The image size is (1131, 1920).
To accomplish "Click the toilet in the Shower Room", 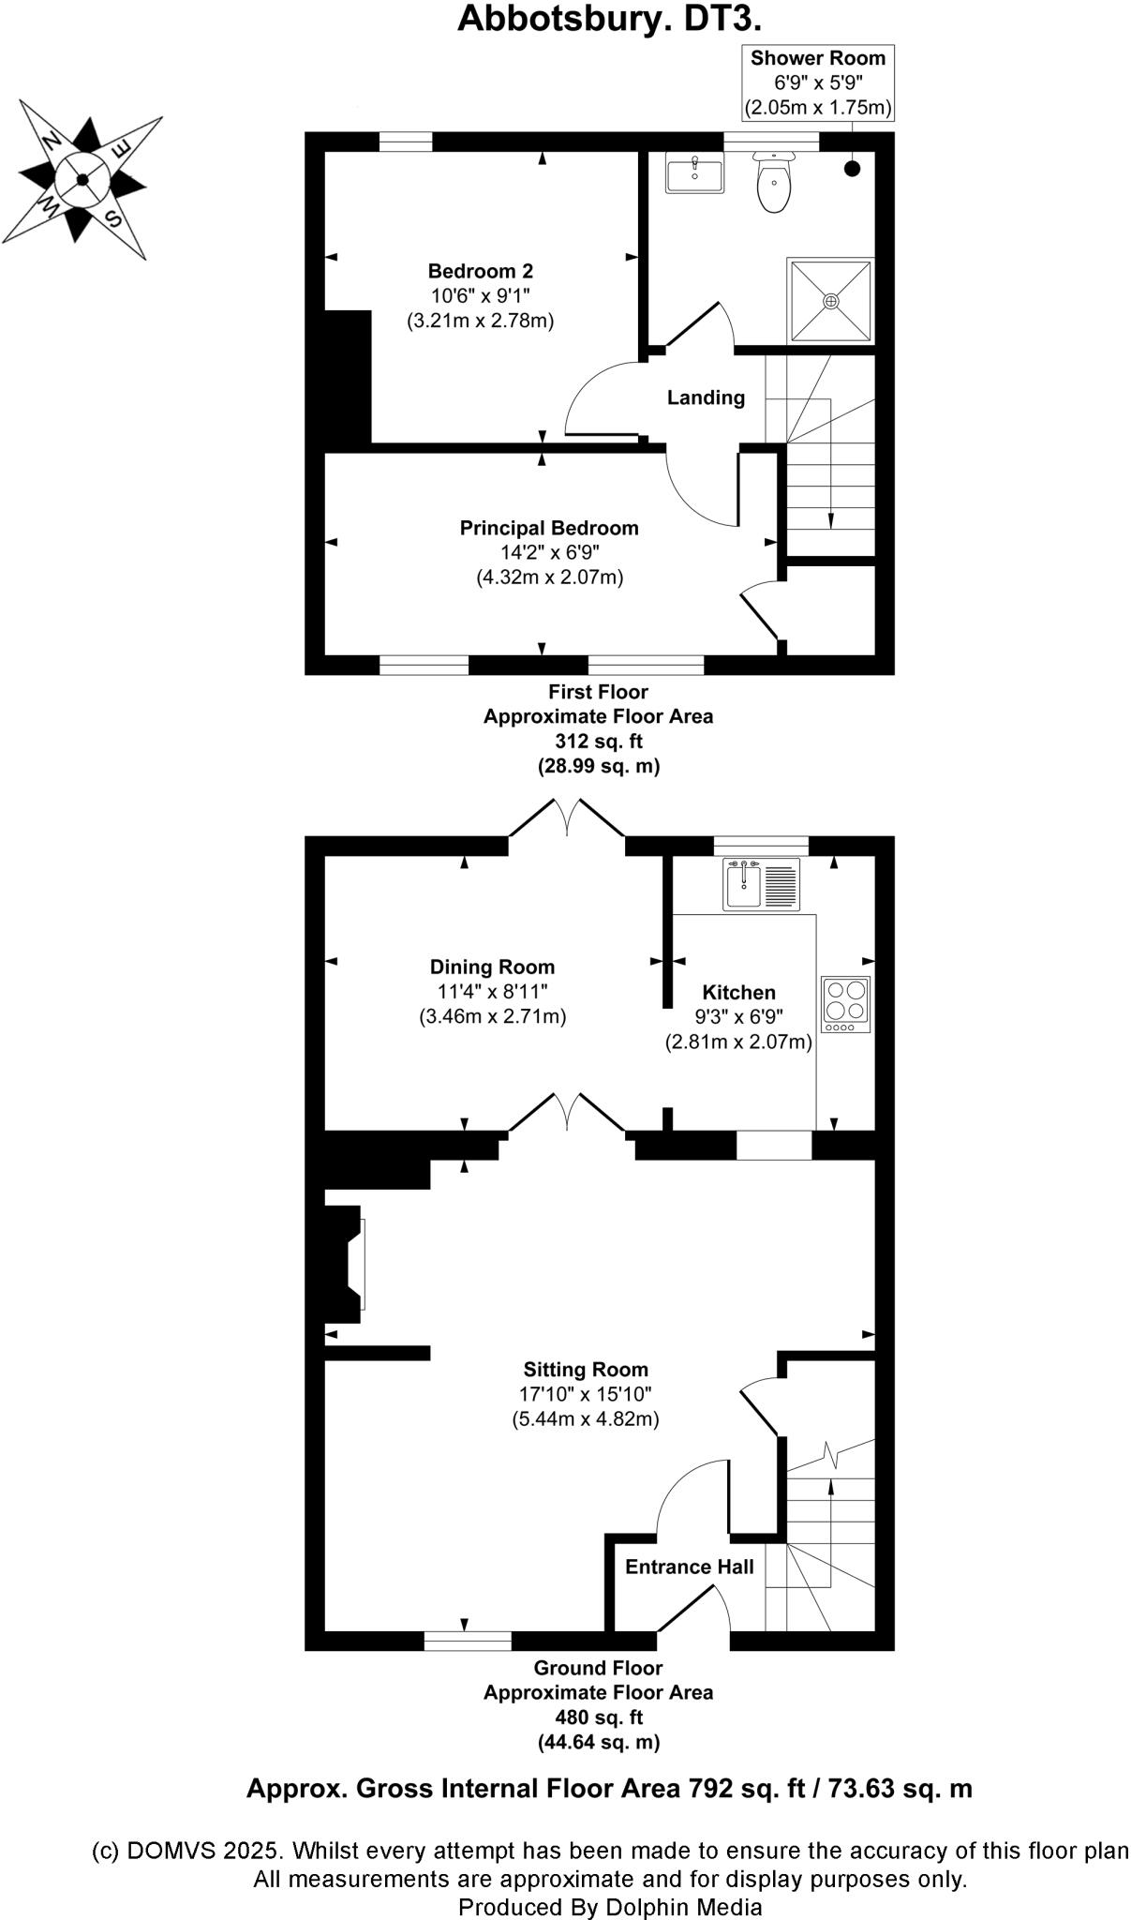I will point(774,185).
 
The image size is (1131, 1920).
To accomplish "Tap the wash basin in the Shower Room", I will point(694,173).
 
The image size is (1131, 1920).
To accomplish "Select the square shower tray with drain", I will point(831,301).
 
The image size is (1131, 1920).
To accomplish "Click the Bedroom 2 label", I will point(480,272).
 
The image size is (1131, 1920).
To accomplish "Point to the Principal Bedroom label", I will point(548,528).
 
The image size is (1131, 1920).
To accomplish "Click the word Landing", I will point(706,397).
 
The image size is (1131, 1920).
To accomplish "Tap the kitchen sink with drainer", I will point(761,884).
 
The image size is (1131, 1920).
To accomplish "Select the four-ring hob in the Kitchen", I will point(845,1004).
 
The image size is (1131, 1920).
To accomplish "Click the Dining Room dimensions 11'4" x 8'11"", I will point(492,992).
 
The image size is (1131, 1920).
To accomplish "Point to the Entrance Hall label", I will point(689,1567).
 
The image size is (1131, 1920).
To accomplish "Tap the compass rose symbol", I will point(82,179).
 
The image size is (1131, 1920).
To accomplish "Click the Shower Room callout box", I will point(817,82).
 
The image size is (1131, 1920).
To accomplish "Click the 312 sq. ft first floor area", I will point(598,742).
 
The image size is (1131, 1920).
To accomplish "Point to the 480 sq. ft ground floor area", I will point(598,1717).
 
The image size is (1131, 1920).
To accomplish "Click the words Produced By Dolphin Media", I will point(609,1907).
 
